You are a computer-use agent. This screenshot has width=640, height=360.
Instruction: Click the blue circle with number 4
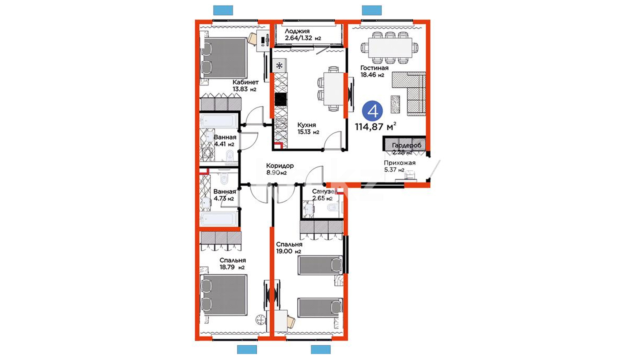click(x=373, y=111)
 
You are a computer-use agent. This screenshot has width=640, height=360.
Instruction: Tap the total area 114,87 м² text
click(x=376, y=126)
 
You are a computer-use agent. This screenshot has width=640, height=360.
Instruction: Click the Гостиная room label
click(x=374, y=68)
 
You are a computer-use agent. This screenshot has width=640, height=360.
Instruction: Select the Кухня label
click(x=307, y=125)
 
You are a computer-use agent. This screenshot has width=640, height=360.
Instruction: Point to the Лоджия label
click(x=297, y=31)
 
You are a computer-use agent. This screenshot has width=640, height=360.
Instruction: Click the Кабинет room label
click(x=246, y=82)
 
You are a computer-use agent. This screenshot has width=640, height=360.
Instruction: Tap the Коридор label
click(x=280, y=166)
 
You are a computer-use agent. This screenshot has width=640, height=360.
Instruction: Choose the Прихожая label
click(x=400, y=163)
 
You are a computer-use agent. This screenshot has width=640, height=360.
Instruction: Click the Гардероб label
click(x=407, y=145)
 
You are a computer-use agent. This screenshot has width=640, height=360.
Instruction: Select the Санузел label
click(x=323, y=191)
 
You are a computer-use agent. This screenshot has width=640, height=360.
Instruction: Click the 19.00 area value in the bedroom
click(x=284, y=251)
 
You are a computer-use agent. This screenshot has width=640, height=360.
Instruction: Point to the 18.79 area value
click(x=227, y=267)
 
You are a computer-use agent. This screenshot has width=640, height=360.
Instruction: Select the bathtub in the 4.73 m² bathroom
click(x=219, y=220)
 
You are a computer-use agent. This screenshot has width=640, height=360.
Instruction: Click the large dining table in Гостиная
click(x=390, y=48)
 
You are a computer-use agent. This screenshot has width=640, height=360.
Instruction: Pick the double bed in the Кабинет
click(x=224, y=58)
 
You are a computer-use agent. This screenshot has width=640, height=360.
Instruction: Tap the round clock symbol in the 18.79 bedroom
click(x=260, y=320)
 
